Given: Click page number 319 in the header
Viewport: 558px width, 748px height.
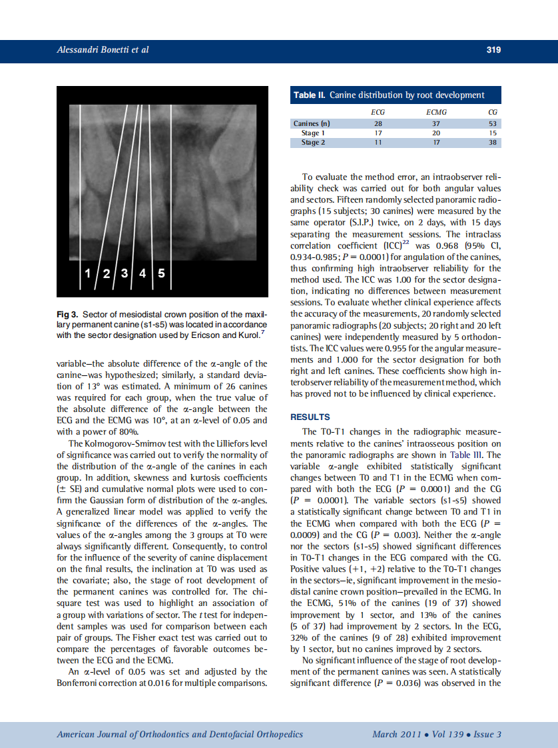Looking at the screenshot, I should point(493,50).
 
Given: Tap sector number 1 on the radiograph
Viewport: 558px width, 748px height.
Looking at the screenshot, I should point(87,273).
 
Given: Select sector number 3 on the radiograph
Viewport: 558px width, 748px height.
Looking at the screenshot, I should point(124,273).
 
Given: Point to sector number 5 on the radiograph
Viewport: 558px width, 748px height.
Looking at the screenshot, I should point(162,273).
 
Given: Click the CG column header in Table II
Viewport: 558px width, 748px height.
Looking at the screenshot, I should point(492,112).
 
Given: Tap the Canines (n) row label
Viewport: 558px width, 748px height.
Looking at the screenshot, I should point(312,124).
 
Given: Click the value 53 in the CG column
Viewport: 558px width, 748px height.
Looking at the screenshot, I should point(492,124).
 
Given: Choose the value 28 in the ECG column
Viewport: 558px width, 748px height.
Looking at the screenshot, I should point(378,124).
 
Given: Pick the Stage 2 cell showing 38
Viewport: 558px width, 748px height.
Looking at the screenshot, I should point(492,143).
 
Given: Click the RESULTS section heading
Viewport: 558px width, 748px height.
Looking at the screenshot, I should point(310,417).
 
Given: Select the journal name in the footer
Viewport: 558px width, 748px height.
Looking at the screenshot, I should point(180,735).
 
